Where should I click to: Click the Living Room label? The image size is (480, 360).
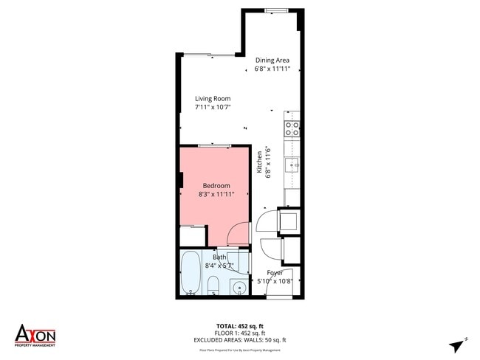pos(213,99)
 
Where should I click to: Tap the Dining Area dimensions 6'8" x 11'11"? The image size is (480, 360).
pos(272,69)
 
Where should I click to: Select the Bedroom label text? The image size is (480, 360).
pos(216,185)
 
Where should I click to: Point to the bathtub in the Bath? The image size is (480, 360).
pos(191,273)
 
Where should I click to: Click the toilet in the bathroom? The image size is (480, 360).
pos(213,285)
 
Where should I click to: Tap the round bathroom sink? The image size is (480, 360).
pos(239,287)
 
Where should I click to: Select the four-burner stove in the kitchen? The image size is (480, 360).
pos(292,129)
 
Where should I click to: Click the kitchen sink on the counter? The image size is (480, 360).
pos(292,165)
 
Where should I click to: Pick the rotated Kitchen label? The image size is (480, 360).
pos(259,162)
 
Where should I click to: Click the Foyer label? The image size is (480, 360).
pos(275,272)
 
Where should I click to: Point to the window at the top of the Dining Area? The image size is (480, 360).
pos(277,10)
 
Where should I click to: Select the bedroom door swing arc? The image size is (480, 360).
pos(239,235)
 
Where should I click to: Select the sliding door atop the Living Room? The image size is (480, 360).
pos(209,55)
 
